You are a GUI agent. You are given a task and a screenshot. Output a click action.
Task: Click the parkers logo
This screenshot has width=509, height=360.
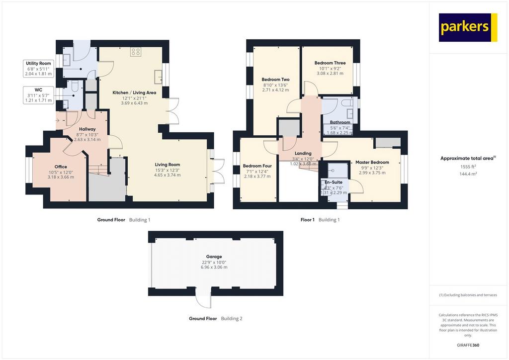[x=468, y=27]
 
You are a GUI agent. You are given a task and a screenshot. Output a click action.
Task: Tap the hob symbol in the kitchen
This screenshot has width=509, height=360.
[x=136, y=52]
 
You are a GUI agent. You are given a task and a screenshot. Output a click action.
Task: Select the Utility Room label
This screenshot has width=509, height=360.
[x=38, y=63]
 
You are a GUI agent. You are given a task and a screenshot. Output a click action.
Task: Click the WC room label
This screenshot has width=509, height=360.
[x=38, y=90]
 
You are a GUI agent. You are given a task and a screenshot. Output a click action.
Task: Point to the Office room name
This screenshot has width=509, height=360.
[x=61, y=167]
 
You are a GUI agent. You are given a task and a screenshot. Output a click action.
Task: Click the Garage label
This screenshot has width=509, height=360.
[x=214, y=257]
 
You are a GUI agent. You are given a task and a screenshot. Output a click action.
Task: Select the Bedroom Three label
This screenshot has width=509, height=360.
[x=330, y=63]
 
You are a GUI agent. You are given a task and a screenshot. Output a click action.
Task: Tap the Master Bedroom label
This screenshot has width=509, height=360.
[x=372, y=162]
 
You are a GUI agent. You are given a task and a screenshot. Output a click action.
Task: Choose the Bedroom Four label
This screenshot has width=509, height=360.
[x=257, y=166]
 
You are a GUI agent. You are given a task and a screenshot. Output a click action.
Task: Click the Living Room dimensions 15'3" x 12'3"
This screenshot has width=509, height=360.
[x=167, y=170]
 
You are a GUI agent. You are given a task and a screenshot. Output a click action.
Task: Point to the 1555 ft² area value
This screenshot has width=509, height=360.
[x=468, y=167]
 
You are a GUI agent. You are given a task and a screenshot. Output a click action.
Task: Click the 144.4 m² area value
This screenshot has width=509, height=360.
[x=468, y=174]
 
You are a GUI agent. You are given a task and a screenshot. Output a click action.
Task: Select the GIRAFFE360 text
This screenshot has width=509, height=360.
[x=468, y=345]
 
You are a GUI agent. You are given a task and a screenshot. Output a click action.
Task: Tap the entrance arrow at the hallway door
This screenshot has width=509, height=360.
[x=58, y=120]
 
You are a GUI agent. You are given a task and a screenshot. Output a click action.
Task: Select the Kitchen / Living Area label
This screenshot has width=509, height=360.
[x=134, y=92]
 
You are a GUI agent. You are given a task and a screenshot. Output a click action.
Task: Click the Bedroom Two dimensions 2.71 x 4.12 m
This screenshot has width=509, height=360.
[x=275, y=90]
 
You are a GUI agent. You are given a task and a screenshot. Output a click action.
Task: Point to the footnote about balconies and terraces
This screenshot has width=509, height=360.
[x=468, y=295]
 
